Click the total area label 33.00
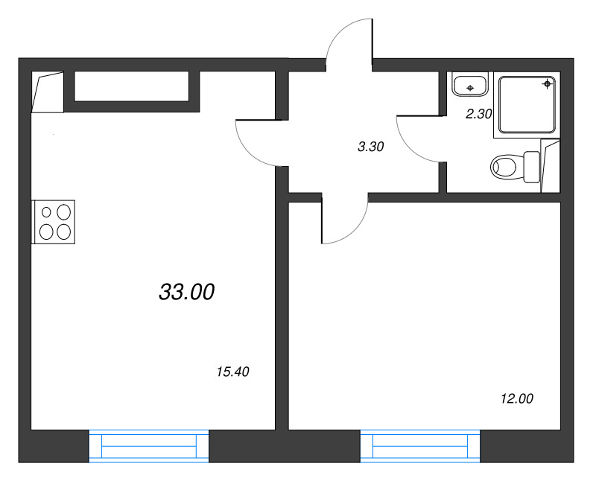(x=187, y=292)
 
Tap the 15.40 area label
(x=232, y=372)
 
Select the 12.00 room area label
(x=517, y=398)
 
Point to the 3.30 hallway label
(x=370, y=146)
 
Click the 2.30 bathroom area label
(x=479, y=114)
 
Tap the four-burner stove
(x=53, y=222)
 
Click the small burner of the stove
(x=46, y=212)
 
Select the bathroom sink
(x=470, y=85)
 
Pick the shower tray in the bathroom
(x=527, y=105)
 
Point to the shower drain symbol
(x=547, y=84)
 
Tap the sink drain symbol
(x=470, y=88)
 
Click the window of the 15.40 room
(x=148, y=446)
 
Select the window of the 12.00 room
(x=420, y=446)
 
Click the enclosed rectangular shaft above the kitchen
(x=132, y=86)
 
